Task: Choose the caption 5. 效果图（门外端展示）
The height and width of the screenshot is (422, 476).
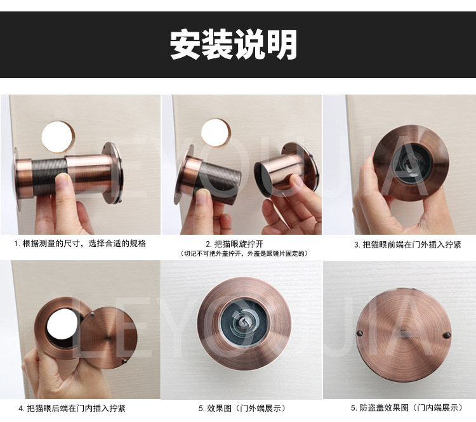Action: tap(242, 408)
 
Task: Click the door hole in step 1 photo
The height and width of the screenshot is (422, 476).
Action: tap(58, 135)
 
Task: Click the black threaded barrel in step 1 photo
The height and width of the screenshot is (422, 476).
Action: tap(48, 175)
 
